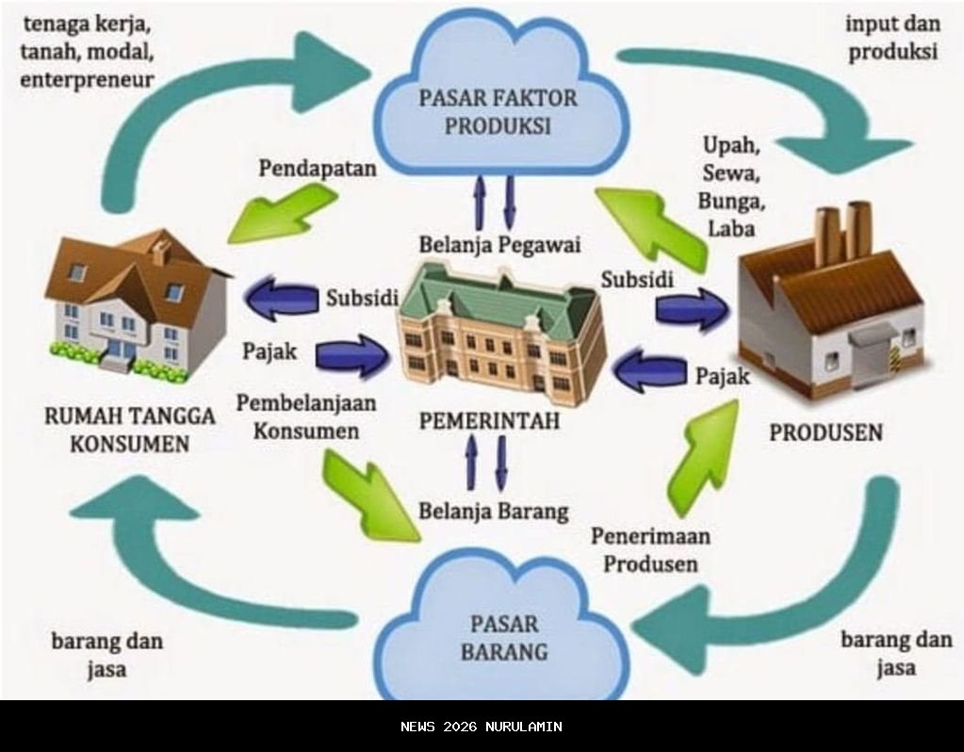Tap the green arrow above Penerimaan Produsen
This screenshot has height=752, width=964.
[702, 457]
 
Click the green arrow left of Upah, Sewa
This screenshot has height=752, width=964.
[650, 226]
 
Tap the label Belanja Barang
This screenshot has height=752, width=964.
[494, 512]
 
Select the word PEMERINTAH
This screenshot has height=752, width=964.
[489, 420]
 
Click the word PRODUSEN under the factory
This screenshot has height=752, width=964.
[825, 433]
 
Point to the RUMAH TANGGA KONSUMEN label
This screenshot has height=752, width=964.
[130, 429]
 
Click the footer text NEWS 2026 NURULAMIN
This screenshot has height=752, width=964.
[481, 727]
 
